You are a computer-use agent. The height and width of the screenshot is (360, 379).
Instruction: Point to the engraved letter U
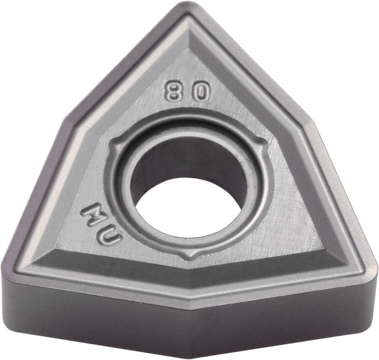tap(108, 239)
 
